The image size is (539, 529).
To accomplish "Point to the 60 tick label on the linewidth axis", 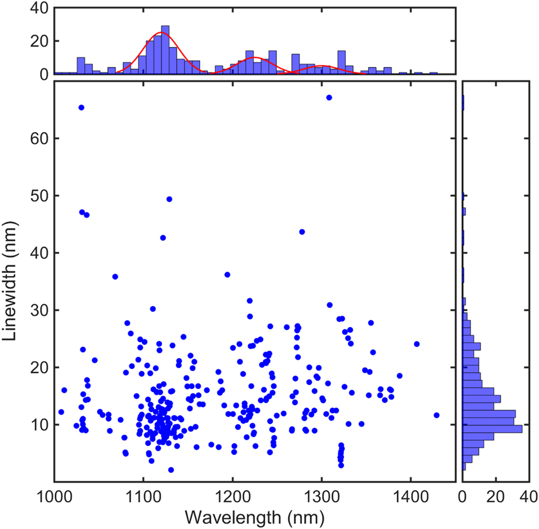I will [x=38, y=138].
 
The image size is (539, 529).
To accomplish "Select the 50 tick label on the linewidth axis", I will [x=38, y=196].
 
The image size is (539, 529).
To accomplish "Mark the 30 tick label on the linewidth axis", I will [x=38, y=310].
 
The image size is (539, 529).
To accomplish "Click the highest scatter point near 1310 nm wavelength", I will [x=329, y=97].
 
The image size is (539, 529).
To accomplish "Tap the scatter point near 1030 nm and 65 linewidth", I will [x=81, y=107].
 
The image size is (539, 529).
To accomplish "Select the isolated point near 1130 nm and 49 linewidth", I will [x=170, y=199].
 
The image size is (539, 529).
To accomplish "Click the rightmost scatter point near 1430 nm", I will [x=437, y=415].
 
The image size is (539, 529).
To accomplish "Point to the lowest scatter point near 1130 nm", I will [x=171, y=470].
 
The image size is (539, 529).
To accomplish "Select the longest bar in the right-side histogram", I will [x=492, y=429].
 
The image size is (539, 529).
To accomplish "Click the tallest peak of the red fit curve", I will [x=161, y=33].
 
